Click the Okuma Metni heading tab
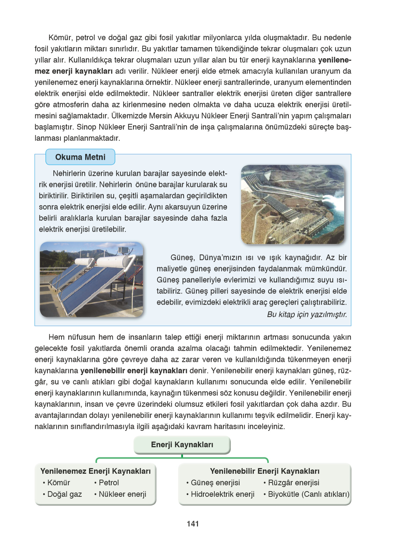[80, 157]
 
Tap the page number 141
[193, 524]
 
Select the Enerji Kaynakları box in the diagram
[182, 445]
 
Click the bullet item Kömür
[58, 483]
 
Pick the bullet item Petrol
[109, 483]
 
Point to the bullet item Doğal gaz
[64, 494]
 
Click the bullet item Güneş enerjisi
[215, 483]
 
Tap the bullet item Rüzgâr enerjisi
[293, 483]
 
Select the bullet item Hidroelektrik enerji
[222, 494]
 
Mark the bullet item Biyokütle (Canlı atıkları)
[308, 494]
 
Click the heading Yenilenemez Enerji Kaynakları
[95, 471]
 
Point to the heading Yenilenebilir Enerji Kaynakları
[265, 471]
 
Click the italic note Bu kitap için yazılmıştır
[307, 314]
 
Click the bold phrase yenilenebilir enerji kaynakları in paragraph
[134, 370]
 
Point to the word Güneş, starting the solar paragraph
[182, 258]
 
